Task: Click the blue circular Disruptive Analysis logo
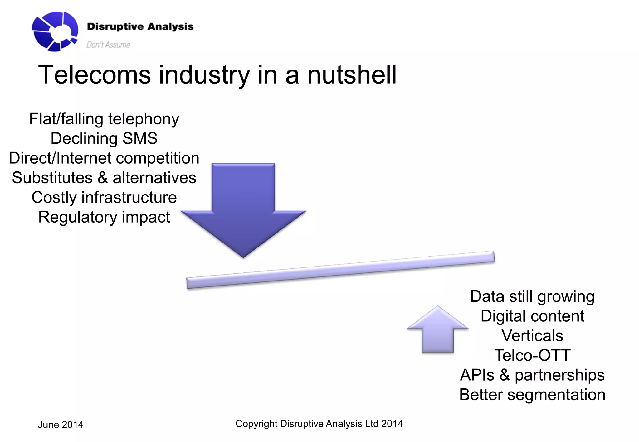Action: pyautogui.click(x=55, y=31)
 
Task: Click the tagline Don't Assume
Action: pyautogui.click(x=108, y=45)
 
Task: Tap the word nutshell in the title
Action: pyautogui.click(x=352, y=75)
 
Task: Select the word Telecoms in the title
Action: pyautogui.click(x=94, y=75)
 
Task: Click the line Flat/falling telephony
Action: pyautogui.click(x=104, y=119)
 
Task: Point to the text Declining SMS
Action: pyautogui.click(x=104, y=138)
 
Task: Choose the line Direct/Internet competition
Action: pyautogui.click(x=104, y=158)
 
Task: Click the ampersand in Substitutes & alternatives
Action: pyautogui.click(x=103, y=178)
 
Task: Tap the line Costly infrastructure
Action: pyautogui.click(x=104, y=197)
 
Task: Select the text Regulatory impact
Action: pyautogui.click(x=104, y=217)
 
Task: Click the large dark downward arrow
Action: pyautogui.click(x=243, y=209)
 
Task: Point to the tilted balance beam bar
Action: pyautogui.click(x=340, y=270)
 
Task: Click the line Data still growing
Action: pyautogui.click(x=532, y=296)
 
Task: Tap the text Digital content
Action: pyautogui.click(x=532, y=316)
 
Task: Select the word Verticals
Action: pyautogui.click(x=532, y=336)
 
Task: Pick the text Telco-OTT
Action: pyautogui.click(x=532, y=355)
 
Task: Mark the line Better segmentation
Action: pyautogui.click(x=532, y=395)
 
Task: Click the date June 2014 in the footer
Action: pyautogui.click(x=61, y=425)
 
